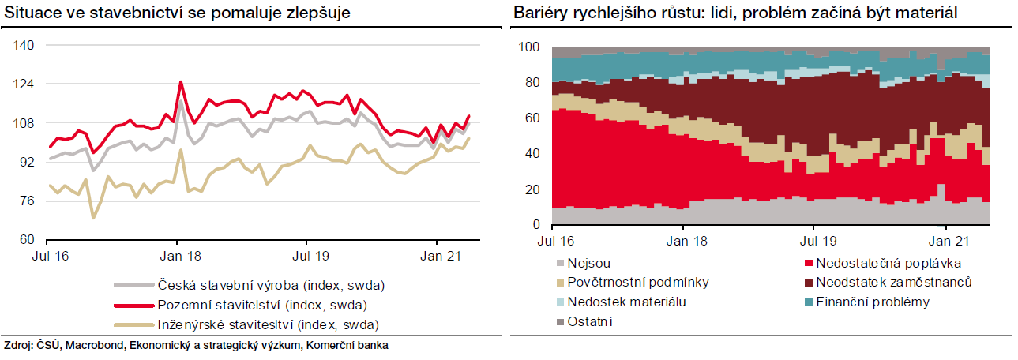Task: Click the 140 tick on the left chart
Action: (x=24, y=46)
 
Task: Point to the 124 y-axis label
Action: (x=24, y=84)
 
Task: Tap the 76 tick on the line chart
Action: (x=27, y=201)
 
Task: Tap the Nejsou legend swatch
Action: (x=561, y=263)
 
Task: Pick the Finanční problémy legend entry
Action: (x=873, y=302)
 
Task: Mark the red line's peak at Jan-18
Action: (x=181, y=81)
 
